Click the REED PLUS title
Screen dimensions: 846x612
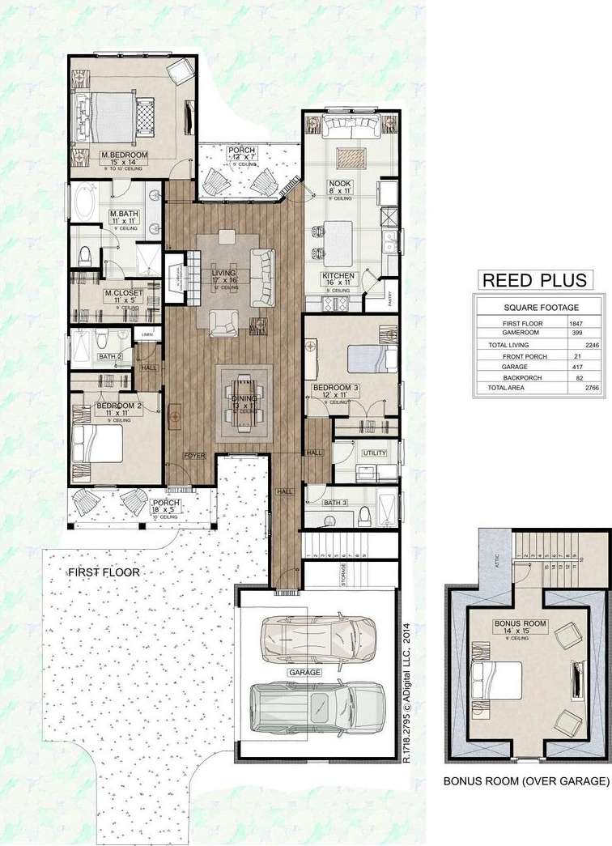coord(533,281)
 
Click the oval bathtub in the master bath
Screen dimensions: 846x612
coord(84,202)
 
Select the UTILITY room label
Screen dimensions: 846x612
coord(375,453)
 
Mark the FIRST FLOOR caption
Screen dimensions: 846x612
coord(104,572)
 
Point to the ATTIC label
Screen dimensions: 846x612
coord(489,559)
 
